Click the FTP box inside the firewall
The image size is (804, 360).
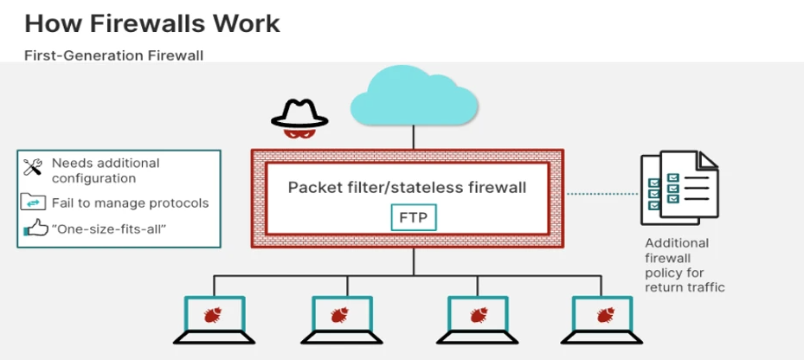point(414,217)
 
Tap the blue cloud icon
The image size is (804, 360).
point(414,96)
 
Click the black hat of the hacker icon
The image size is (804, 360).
point(299,114)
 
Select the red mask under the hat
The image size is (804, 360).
point(299,134)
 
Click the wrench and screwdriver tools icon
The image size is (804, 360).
point(32,167)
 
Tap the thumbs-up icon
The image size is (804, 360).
point(35,228)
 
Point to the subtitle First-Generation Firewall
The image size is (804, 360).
point(114,55)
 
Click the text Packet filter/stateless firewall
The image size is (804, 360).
point(407,187)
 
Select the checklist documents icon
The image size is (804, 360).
point(679,188)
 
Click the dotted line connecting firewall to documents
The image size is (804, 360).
point(602,194)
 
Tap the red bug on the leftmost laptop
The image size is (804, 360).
point(213,314)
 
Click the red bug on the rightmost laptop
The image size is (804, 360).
point(606,314)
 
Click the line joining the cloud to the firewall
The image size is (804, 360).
point(414,138)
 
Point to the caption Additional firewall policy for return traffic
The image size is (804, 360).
point(685,265)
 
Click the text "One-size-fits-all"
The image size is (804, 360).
point(109,228)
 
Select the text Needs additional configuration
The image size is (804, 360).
point(106,170)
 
